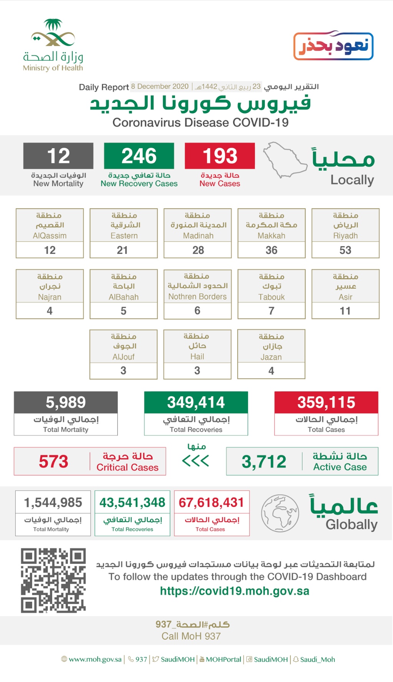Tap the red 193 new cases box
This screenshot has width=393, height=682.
[x=220, y=156]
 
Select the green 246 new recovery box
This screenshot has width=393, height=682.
[x=139, y=156]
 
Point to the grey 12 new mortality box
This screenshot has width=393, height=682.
[x=58, y=156]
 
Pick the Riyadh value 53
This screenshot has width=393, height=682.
[x=345, y=250]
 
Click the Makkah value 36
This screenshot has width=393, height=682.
[x=271, y=250]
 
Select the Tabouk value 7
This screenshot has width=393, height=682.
[x=271, y=311]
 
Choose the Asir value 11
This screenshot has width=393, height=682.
[x=345, y=311]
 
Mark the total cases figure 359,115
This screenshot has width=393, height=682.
[x=326, y=402]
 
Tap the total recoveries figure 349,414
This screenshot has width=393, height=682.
[x=196, y=402]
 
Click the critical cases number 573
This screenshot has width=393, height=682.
[x=53, y=462]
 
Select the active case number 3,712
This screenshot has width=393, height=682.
[x=264, y=462]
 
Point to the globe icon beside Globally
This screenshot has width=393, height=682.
[x=280, y=513]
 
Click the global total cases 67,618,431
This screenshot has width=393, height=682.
[x=211, y=502]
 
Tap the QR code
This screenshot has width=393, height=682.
[x=53, y=580]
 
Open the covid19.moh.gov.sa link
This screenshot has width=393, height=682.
[x=234, y=591]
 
